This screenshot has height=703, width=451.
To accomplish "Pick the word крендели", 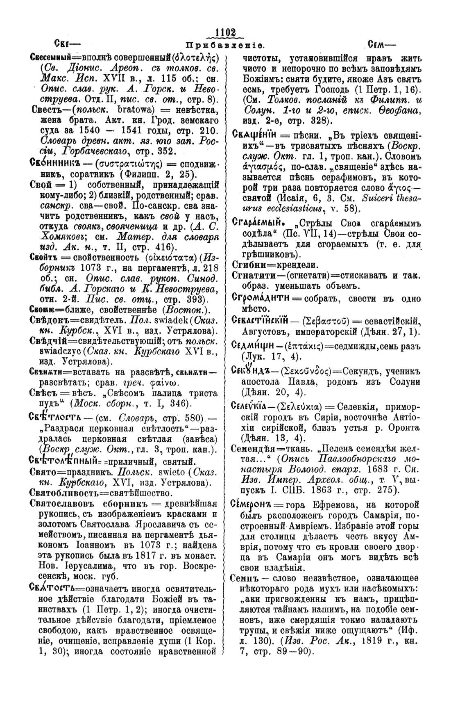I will point(292,264).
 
